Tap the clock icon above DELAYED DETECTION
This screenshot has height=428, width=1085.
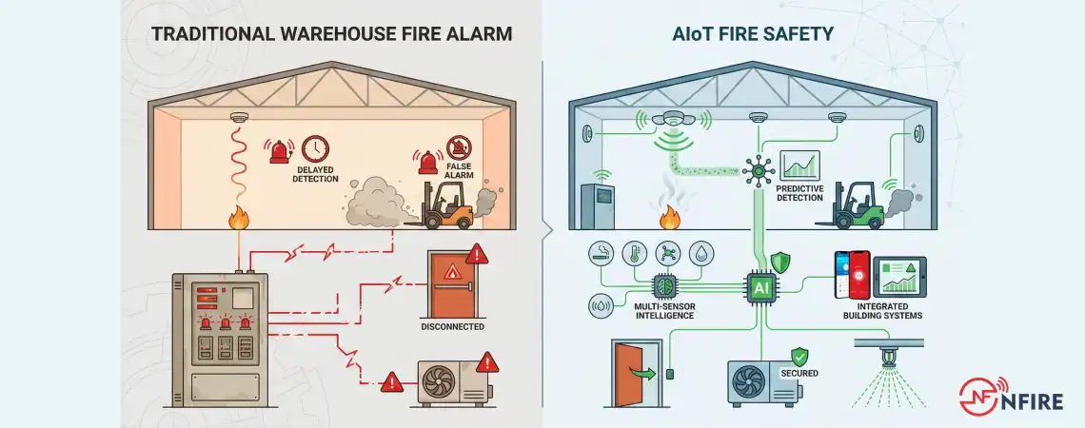[x=314, y=149]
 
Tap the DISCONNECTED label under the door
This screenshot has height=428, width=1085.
[x=453, y=326]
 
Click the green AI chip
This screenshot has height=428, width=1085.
[x=759, y=287]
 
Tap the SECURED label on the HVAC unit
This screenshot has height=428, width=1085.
[x=799, y=373]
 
